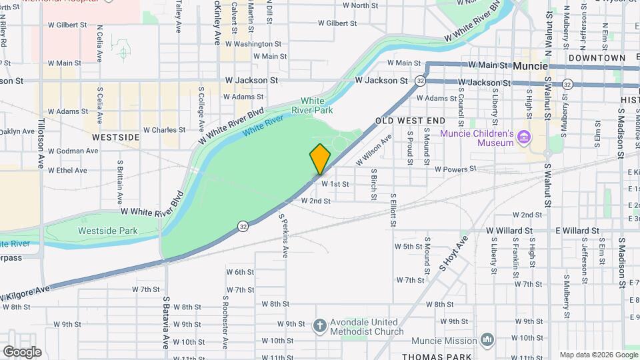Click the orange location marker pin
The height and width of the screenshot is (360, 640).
[320, 159]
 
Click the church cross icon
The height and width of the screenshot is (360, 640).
[320, 326]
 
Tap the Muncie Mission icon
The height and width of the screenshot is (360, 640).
[488, 340]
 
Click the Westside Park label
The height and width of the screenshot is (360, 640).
[107, 231]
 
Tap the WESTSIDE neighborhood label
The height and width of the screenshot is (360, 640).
[116, 137]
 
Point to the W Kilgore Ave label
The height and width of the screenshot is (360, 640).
[25, 293]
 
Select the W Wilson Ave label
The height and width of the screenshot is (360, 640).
[374, 150]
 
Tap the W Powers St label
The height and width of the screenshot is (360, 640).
[457, 169]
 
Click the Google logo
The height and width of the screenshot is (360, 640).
[22, 351]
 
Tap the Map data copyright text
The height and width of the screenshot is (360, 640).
[597, 355]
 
